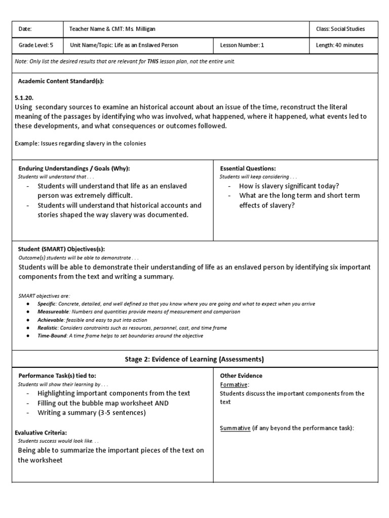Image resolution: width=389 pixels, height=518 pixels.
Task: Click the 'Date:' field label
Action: coord(26,29)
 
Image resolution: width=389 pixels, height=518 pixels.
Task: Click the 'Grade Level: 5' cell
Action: coord(36,45)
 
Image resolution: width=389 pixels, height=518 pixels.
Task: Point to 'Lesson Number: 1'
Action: coord(242,45)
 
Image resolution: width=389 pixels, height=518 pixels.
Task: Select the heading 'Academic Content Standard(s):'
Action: coord(61,81)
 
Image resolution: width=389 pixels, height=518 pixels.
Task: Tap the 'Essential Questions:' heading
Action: coord(248,168)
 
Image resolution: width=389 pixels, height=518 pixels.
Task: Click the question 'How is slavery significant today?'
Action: coord(289,186)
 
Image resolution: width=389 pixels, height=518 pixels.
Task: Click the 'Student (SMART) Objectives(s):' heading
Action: coord(62,249)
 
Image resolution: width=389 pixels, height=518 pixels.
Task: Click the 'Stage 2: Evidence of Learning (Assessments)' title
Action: coord(194,359)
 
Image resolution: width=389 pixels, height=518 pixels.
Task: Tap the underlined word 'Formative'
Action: coord(234,384)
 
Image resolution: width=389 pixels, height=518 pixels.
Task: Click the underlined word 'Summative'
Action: coord(235,428)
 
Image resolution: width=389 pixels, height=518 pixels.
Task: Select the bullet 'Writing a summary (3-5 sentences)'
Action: coord(91,413)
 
